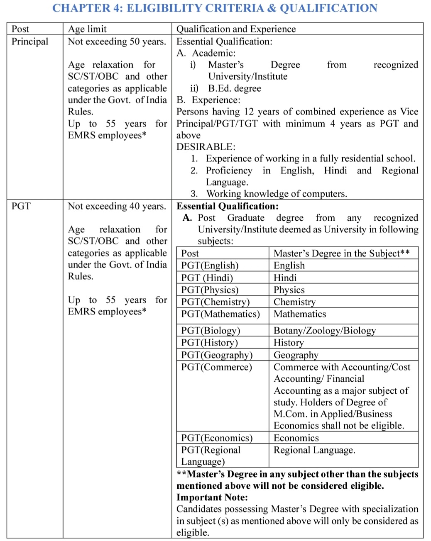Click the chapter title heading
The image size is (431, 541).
215,8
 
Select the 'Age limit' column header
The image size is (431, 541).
87,29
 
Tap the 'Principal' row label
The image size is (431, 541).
30,41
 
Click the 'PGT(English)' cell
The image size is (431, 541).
210,266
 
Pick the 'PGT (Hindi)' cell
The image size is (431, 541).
207,278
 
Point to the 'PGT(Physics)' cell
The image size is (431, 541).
210,290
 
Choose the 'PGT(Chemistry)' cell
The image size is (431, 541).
215,302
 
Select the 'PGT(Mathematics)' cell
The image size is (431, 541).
220,314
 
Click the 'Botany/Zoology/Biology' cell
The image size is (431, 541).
325,331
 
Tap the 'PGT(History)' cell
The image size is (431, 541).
210,343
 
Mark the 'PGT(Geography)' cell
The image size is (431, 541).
217,355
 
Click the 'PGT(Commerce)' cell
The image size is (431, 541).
217,367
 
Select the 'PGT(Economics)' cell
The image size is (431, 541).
217,438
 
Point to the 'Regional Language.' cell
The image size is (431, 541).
314,450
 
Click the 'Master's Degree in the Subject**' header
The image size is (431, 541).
342,253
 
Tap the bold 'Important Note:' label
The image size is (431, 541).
212,497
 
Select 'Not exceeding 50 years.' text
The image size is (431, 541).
117,41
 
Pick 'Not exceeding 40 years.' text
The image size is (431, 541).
117,206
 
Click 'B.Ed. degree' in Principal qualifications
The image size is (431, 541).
235,88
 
